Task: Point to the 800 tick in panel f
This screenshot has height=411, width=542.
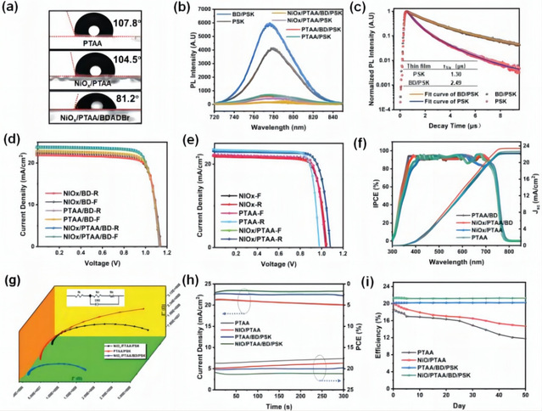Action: [504, 252]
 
